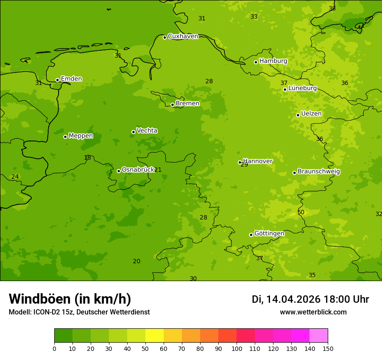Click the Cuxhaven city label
183,36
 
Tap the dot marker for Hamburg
256,62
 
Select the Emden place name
71,79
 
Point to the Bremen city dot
172,105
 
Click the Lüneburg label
302,88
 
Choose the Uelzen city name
311,114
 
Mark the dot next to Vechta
133,132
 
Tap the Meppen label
81,136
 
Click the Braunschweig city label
319,172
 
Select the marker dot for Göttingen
251,235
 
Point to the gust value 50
301,212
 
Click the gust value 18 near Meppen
87,158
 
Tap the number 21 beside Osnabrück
158,170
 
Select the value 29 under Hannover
244,165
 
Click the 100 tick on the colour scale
237,348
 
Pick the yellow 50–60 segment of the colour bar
155,335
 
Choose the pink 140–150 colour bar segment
319,335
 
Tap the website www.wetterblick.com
313,312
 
